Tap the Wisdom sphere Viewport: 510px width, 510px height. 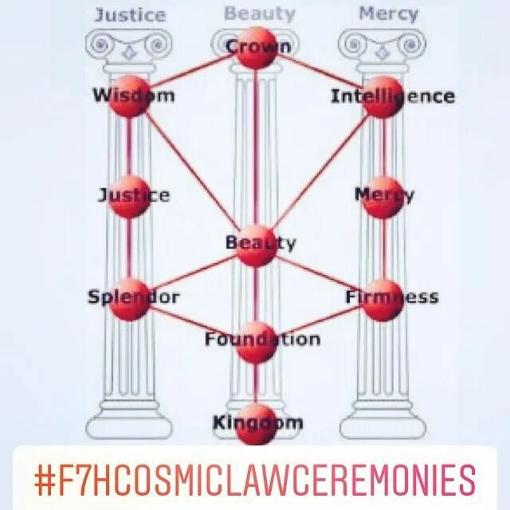(x=129, y=96)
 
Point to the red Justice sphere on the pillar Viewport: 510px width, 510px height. (x=129, y=196)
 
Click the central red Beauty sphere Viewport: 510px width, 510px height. (x=256, y=245)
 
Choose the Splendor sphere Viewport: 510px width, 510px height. (x=129, y=299)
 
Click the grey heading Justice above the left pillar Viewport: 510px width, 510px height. (x=129, y=14)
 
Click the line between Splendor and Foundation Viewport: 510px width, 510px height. (x=191, y=320)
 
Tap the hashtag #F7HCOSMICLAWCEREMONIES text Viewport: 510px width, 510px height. (x=255, y=481)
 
